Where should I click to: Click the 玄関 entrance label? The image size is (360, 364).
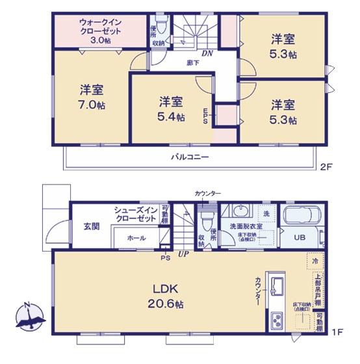point(91,227)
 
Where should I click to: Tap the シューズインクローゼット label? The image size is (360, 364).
point(135,214)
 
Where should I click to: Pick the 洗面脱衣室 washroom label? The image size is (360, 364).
point(244,227)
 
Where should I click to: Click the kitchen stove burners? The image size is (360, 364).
point(276,321)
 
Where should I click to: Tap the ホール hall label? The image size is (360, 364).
point(136,239)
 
